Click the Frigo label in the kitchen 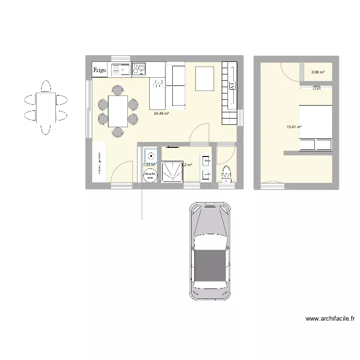coord(99,71)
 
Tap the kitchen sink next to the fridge coord(121,71)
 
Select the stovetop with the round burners coord(139,70)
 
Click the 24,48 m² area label coord(161,114)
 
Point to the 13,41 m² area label coord(294,127)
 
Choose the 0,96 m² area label coord(318,72)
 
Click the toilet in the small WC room coord(226,173)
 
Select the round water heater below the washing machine coord(150,177)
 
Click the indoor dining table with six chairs coord(118,111)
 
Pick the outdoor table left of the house coord(46,107)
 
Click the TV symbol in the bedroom coord(317,88)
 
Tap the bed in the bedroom coord(315,128)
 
